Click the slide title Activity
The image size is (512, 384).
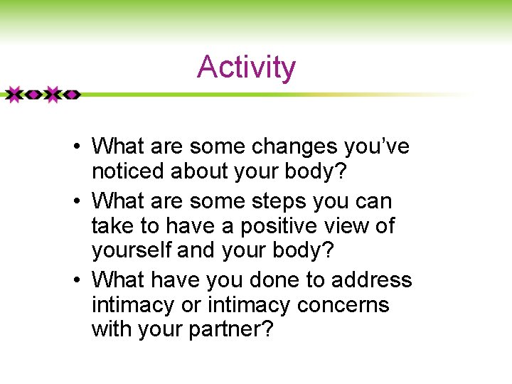(246, 68)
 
